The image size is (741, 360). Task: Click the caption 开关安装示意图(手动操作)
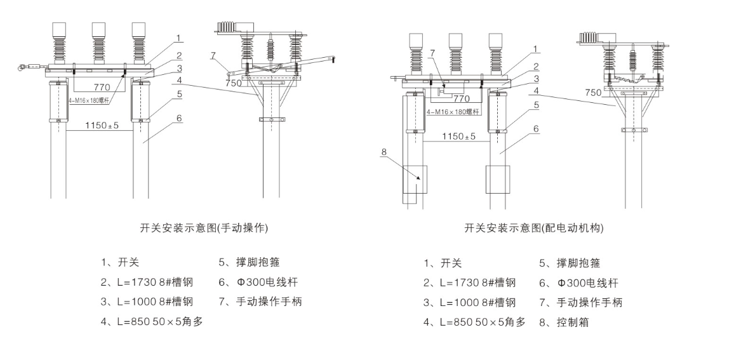[x=208, y=227]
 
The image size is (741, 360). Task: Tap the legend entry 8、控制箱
[x=564, y=322]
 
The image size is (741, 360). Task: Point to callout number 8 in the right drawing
[x=384, y=152]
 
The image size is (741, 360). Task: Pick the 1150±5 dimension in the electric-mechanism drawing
[x=458, y=137]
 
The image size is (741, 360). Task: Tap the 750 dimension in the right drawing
[x=593, y=92]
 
